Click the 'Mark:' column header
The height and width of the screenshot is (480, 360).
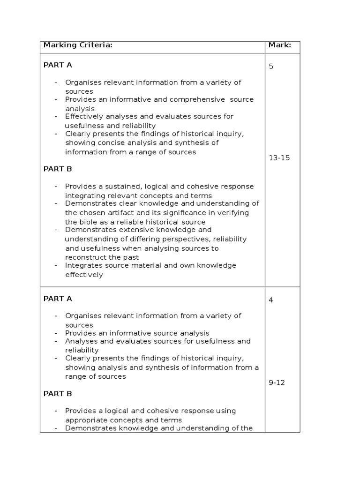279,45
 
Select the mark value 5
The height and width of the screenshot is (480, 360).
271,66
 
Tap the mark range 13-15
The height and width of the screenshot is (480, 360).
279,158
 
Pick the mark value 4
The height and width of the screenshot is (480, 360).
271,300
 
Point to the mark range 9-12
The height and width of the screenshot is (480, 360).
277,382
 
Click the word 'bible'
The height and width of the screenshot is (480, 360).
88,222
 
